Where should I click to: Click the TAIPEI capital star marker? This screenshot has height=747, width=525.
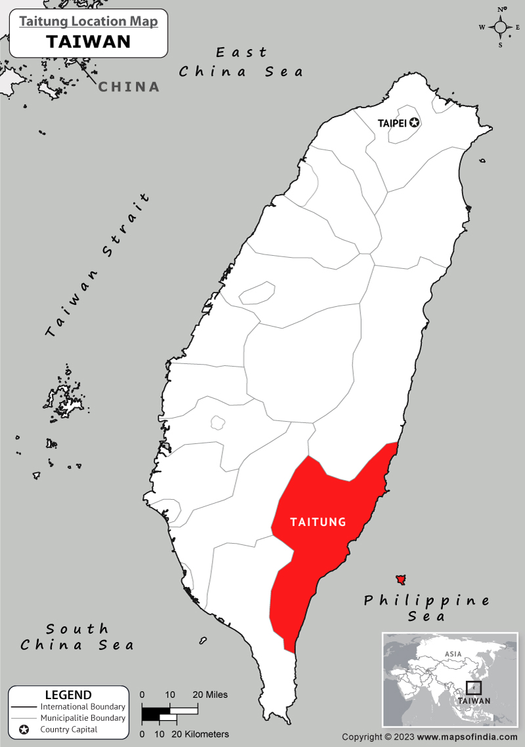[x=414, y=123]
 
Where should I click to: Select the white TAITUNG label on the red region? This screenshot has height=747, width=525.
[x=318, y=522]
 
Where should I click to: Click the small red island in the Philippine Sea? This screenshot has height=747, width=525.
[x=400, y=580]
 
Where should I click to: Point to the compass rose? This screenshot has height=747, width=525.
[x=500, y=27]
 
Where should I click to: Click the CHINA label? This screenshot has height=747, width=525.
[x=129, y=87]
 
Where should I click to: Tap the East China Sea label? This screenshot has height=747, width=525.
[x=241, y=62]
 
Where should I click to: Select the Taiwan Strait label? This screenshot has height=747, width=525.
[x=98, y=266]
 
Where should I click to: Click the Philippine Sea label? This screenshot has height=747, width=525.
[x=427, y=608]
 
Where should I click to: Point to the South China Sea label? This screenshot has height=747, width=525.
[x=77, y=637]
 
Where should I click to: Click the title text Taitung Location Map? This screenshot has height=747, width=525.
[x=89, y=22]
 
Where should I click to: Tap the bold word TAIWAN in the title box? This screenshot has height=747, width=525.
[x=89, y=42]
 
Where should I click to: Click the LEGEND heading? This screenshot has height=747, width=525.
[x=68, y=695]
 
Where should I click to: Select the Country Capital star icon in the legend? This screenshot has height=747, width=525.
[x=24, y=729]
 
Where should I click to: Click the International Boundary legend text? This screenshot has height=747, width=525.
[x=83, y=707]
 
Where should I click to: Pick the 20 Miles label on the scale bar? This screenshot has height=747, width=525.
[x=210, y=695]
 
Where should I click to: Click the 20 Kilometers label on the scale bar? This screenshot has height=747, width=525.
[x=200, y=734]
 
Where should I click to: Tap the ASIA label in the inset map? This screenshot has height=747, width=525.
[x=453, y=654]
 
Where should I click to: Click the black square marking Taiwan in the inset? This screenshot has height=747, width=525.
[x=473, y=688]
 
